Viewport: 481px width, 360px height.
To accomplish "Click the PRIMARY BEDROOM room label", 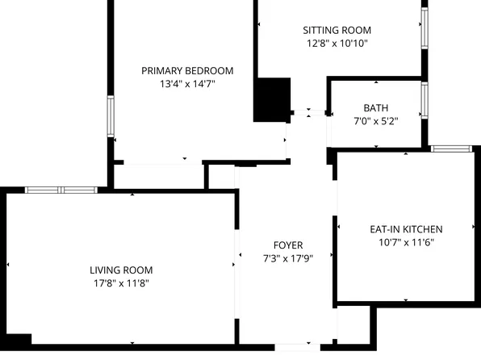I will click(x=187, y=70).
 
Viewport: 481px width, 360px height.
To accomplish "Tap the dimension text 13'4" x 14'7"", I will click(x=187, y=83).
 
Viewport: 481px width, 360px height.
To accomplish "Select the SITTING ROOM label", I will click(x=337, y=31).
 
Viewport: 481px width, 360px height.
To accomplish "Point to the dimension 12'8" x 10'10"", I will click(x=337, y=44).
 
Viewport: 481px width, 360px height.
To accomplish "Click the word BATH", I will click(x=375, y=107).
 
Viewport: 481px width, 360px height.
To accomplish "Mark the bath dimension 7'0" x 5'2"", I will click(x=375, y=120).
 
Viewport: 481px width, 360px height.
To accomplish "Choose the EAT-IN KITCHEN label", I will click(x=400, y=229).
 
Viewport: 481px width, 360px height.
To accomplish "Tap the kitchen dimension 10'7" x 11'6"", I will click(x=400, y=242).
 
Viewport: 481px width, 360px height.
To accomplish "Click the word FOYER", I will click(x=288, y=245).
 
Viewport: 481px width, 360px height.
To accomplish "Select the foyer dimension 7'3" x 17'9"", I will click(x=288, y=258).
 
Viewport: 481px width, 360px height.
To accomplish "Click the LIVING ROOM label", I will click(x=121, y=270).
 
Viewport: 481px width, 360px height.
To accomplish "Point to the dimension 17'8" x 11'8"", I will click(x=121, y=283).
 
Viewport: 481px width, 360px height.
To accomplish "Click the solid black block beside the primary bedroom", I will click(x=272, y=100).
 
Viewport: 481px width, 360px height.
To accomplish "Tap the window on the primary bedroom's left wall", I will click(x=111, y=116).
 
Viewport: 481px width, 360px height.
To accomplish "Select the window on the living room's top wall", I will click(x=61, y=190).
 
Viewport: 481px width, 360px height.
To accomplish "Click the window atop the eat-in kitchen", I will click(x=450, y=149).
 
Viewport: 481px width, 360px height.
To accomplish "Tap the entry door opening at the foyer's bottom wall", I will click(x=296, y=347).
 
